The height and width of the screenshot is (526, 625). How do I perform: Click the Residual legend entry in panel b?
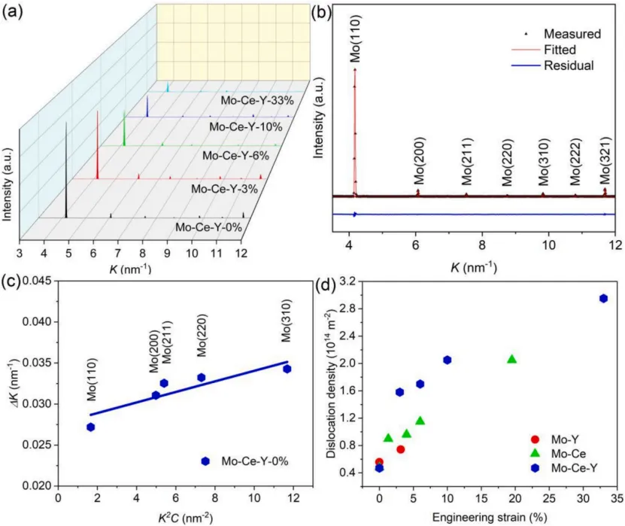click(x=571, y=65)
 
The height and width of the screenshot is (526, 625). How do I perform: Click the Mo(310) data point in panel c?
click(x=287, y=369)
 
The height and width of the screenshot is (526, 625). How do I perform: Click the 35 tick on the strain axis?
click(x=615, y=498)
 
